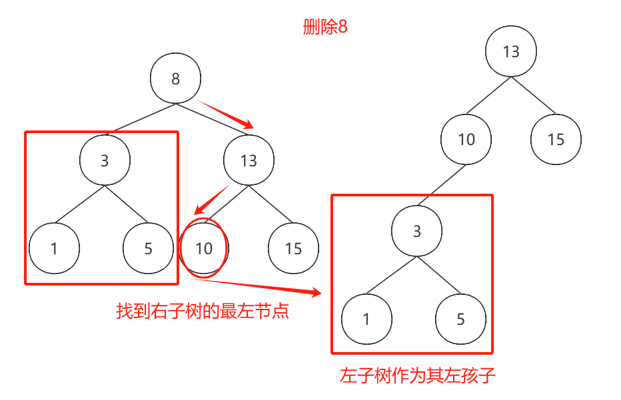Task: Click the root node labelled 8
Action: click(x=175, y=79)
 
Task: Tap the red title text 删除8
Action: click(x=325, y=27)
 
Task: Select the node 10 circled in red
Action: click(x=204, y=248)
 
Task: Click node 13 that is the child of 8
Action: click(x=249, y=160)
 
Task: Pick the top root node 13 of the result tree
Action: click(x=511, y=51)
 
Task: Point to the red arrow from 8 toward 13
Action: click(x=225, y=114)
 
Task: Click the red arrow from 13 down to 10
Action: click(x=212, y=200)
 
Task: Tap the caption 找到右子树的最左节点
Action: click(x=203, y=311)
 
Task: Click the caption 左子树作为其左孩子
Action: click(x=417, y=375)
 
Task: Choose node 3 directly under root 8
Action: click(x=105, y=160)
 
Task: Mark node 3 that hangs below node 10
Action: click(x=416, y=231)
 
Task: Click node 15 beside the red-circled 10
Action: click(x=293, y=248)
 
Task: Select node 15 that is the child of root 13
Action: click(x=556, y=139)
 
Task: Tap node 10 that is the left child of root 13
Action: click(x=466, y=139)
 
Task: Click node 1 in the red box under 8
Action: click(x=54, y=248)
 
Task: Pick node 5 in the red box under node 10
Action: click(x=460, y=319)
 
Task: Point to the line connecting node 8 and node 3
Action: click(x=145, y=118)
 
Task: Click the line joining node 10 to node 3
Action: click(x=442, y=185)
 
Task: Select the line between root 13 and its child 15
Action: click(x=534, y=95)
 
